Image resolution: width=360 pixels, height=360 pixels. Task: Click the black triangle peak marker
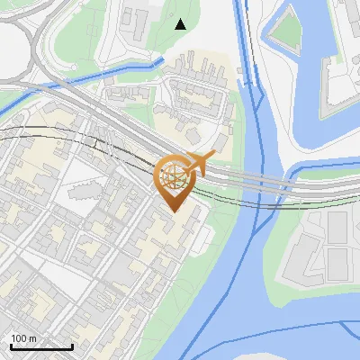coord(181,24)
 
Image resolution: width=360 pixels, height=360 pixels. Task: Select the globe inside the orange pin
coord(175,177)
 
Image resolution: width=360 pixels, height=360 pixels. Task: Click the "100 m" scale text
coord(24,338)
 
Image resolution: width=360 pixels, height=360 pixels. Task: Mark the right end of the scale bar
coord(72,346)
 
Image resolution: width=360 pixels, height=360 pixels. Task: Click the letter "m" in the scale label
coord(32,338)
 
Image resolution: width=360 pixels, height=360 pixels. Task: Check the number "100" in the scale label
coord(19,338)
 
